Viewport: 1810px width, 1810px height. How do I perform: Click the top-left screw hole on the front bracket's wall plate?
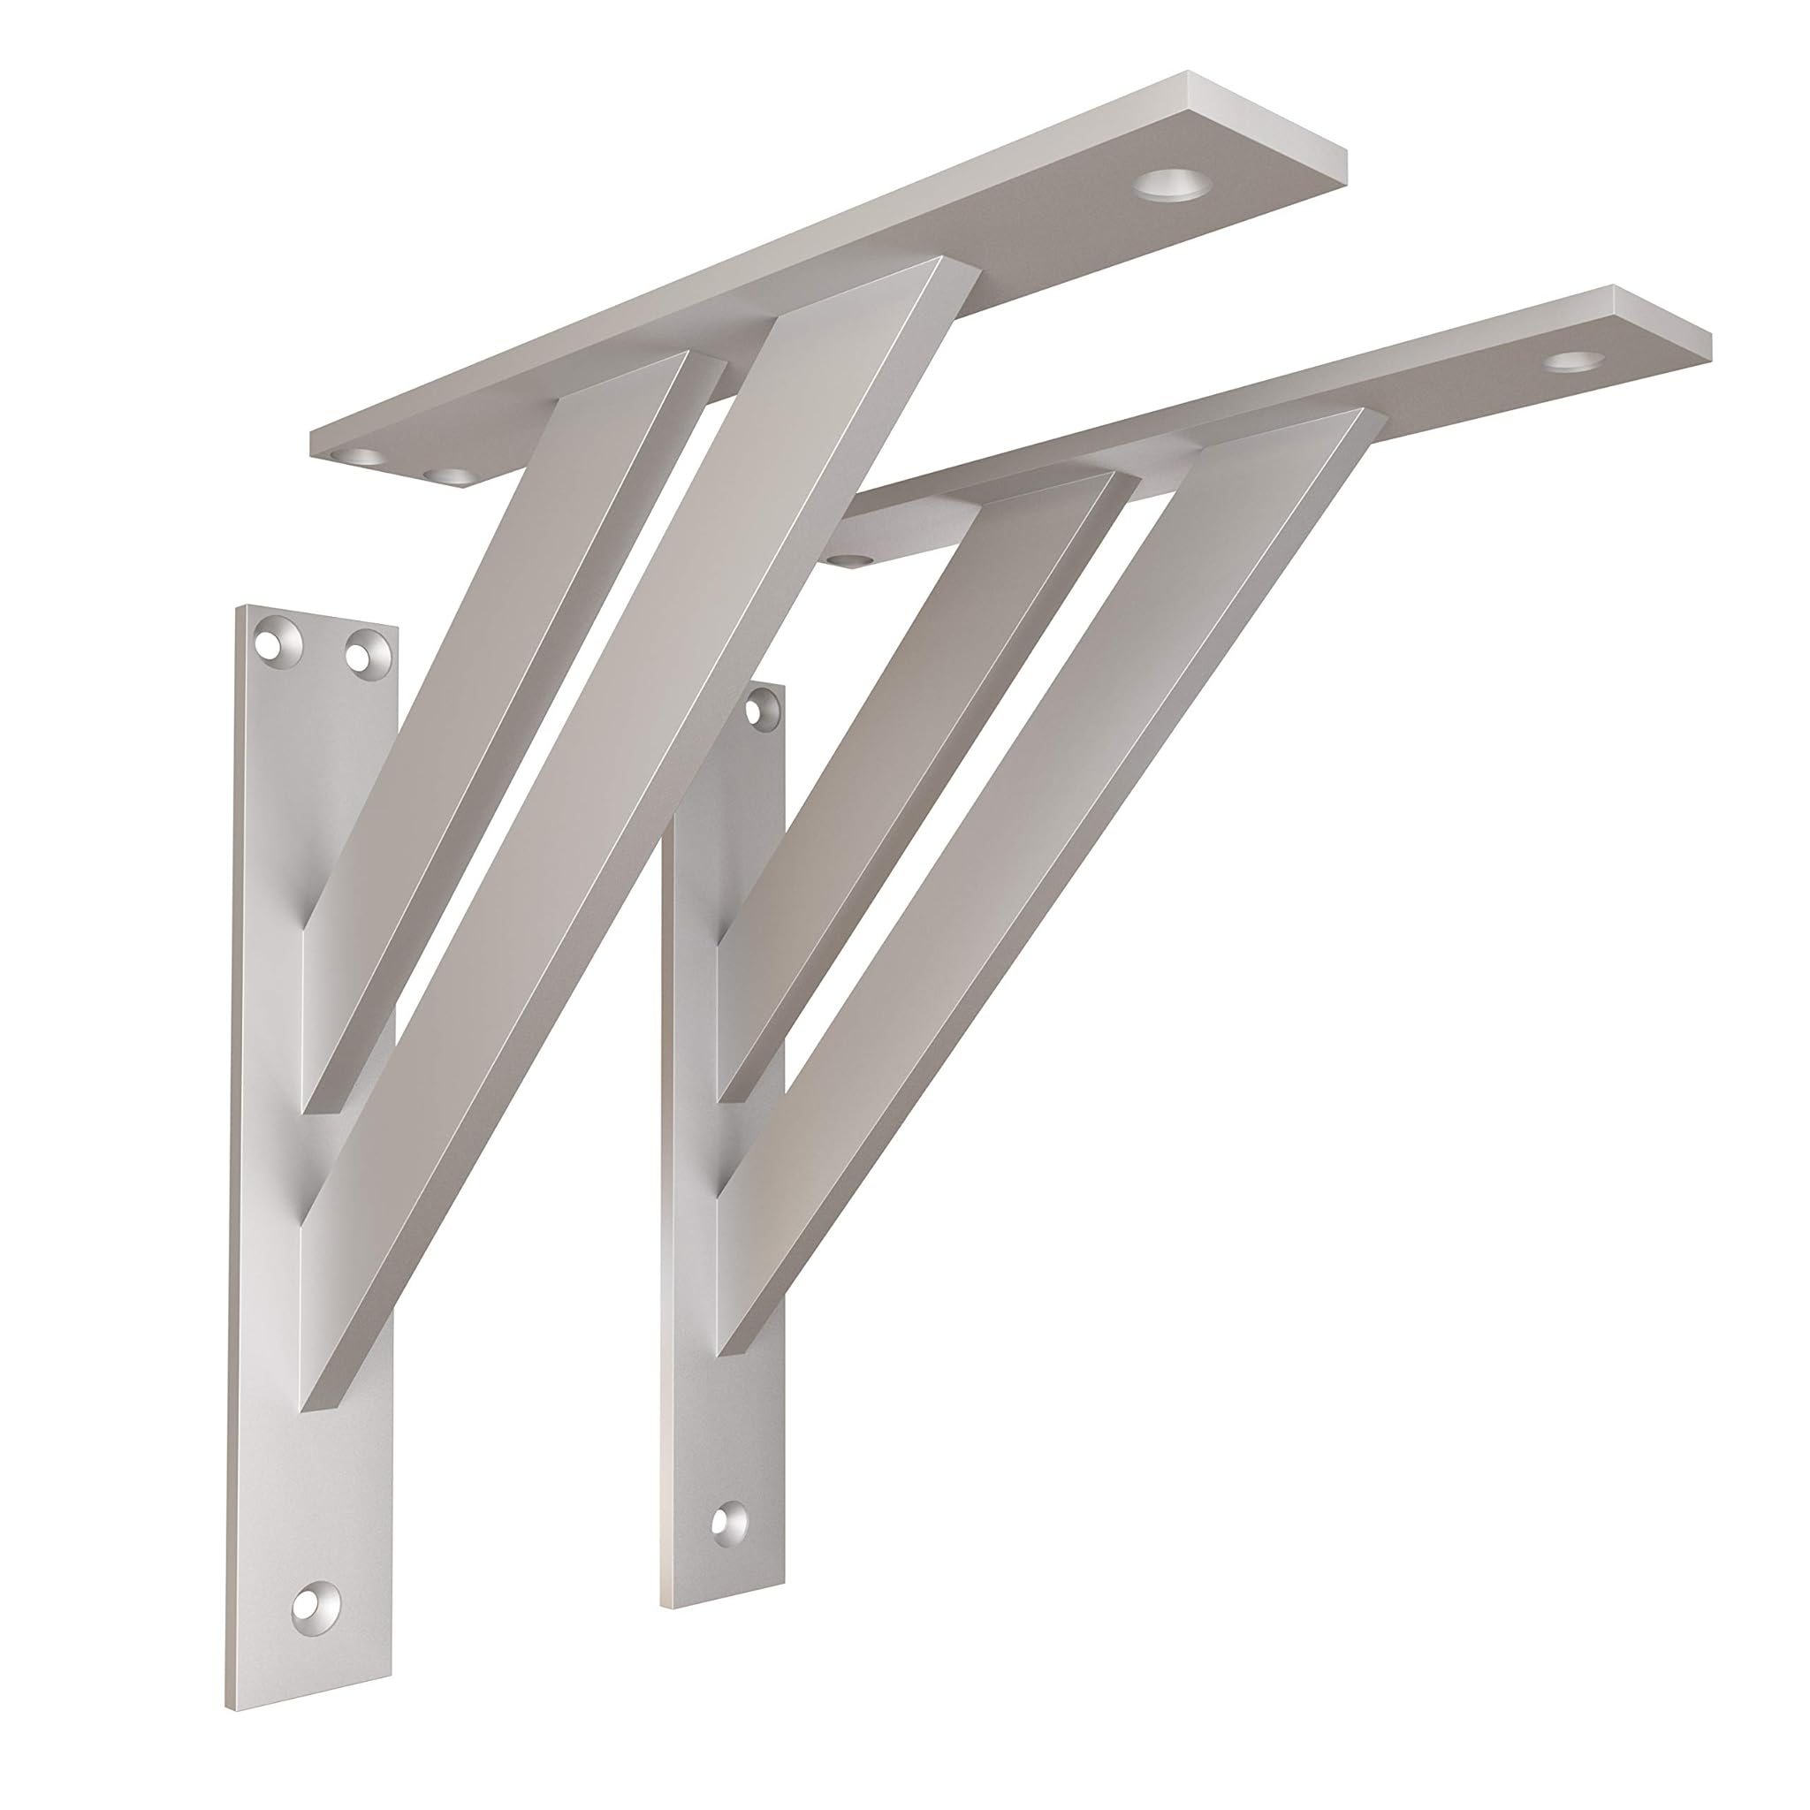(x=274, y=645)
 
